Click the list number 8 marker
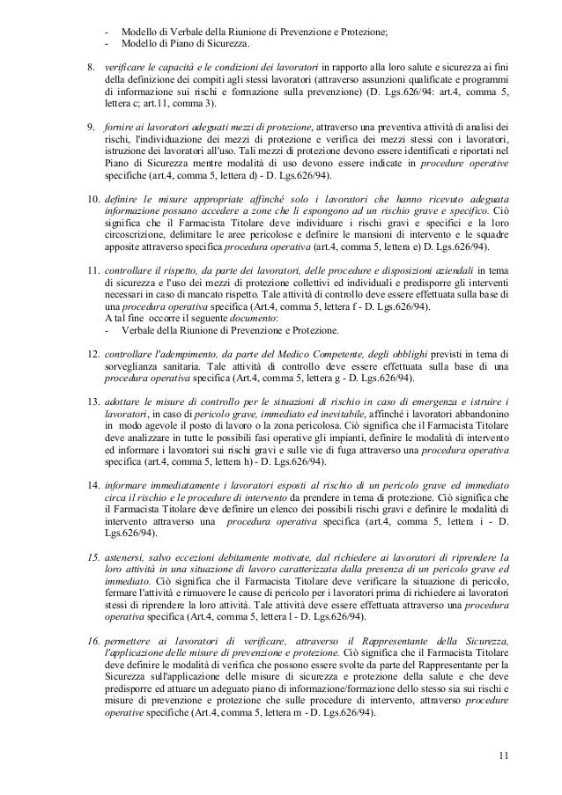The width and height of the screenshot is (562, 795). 87,67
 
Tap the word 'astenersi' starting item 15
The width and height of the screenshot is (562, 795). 124,557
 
